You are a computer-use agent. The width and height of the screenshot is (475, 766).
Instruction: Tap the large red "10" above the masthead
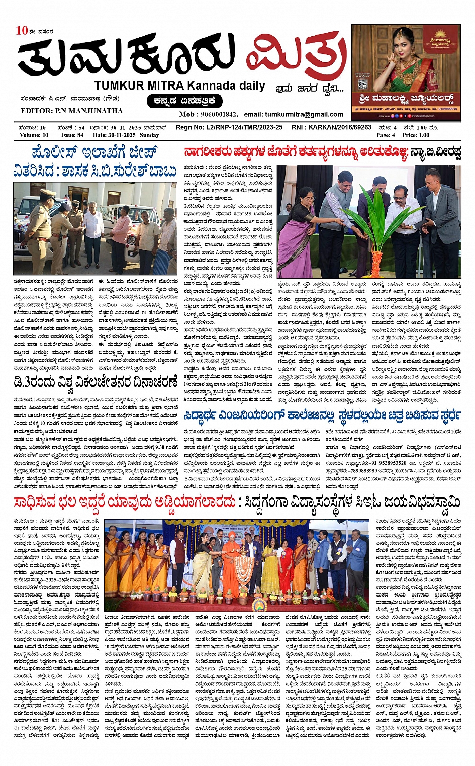22,30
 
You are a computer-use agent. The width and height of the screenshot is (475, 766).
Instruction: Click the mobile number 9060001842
219,114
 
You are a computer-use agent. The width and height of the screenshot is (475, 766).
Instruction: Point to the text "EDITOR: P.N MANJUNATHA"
71,111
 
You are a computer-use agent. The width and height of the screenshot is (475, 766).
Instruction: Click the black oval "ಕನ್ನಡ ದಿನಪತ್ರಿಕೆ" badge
185,101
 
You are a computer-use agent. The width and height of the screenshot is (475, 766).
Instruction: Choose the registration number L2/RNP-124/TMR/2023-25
243,128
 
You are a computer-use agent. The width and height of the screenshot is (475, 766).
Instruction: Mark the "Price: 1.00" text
416,135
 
